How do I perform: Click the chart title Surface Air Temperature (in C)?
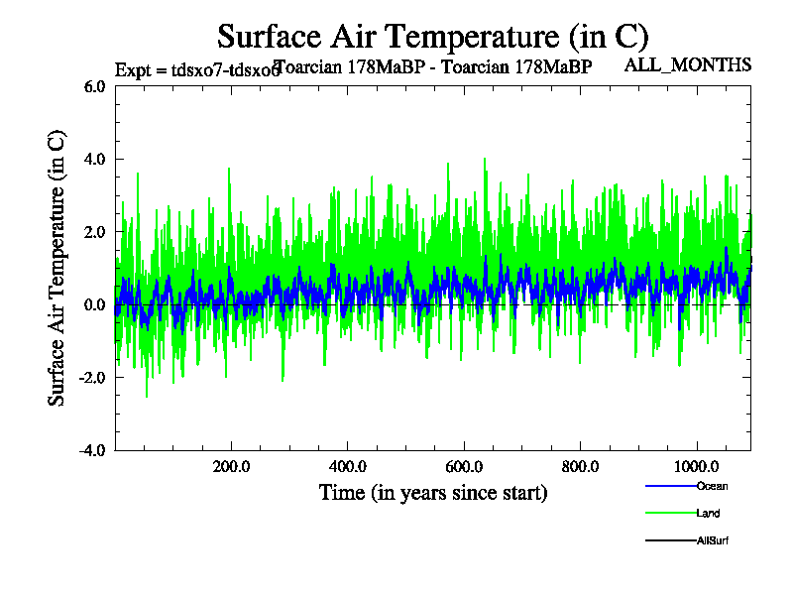432,37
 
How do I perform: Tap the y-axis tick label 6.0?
93,86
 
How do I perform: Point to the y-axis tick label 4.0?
93,159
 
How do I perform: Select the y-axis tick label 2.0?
93,232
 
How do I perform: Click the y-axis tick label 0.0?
93,304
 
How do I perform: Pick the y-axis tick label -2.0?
91,378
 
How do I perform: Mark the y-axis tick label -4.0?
91,450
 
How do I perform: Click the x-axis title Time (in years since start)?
433,492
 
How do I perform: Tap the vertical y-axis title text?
57,268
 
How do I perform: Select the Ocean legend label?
712,486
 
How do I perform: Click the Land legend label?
708,514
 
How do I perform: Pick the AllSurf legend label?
713,540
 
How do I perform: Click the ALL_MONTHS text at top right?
687,65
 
